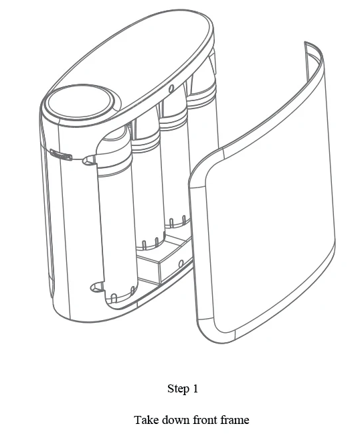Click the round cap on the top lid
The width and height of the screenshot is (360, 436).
coord(80,102)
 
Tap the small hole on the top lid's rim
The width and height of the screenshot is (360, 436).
coord(171,88)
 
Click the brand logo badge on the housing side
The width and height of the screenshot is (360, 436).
coord(62,155)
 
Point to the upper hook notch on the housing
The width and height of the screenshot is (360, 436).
coord(89,161)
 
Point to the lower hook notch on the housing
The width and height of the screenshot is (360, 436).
coord(97,287)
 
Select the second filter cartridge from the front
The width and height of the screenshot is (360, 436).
coord(148,181)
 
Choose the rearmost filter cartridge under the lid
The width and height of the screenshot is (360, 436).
coord(201,111)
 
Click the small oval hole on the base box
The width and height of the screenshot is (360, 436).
coord(181,263)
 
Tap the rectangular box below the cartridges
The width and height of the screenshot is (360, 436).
coord(164,260)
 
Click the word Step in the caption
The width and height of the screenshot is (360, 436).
coord(177,388)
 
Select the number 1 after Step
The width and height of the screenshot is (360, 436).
coord(195,388)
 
